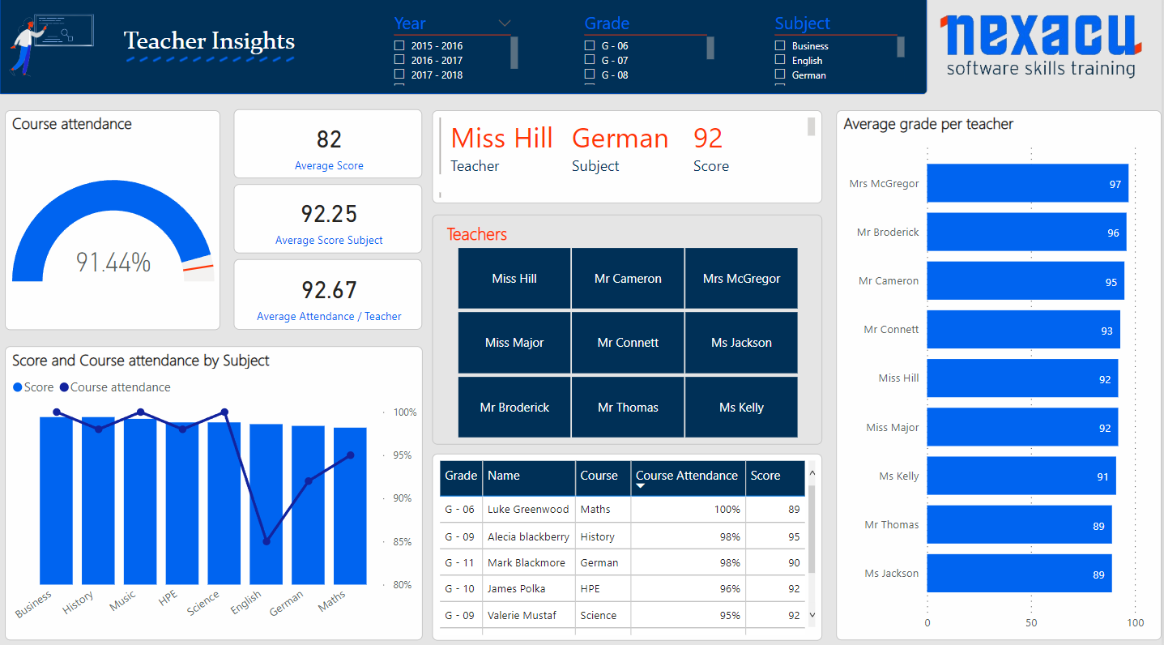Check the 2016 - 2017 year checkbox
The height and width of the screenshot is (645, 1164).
tap(399, 60)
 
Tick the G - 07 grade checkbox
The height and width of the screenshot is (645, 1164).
tap(589, 60)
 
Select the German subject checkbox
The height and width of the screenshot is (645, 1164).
tap(779, 75)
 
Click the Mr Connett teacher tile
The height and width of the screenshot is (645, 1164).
tap(628, 343)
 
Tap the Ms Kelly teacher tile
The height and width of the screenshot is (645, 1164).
tap(741, 407)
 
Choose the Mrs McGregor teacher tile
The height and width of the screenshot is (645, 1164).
tap(741, 279)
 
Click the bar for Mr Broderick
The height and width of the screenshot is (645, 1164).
tap(1026, 233)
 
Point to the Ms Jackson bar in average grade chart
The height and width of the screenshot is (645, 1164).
tap(1019, 574)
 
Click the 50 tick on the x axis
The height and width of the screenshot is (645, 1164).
tap(1031, 622)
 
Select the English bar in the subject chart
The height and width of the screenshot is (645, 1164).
tap(266, 504)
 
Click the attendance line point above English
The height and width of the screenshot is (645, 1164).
tap(266, 541)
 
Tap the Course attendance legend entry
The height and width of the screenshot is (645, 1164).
tap(115, 387)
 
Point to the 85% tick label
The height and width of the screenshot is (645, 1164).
tap(403, 541)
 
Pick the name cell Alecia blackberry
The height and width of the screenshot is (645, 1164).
tap(528, 536)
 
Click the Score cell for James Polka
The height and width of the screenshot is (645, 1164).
tap(794, 588)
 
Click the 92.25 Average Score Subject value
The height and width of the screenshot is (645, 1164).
tap(329, 214)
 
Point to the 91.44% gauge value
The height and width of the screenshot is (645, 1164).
tap(113, 262)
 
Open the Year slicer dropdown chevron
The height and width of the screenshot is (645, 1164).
tap(504, 23)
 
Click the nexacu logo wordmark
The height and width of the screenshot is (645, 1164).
tap(1041, 36)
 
